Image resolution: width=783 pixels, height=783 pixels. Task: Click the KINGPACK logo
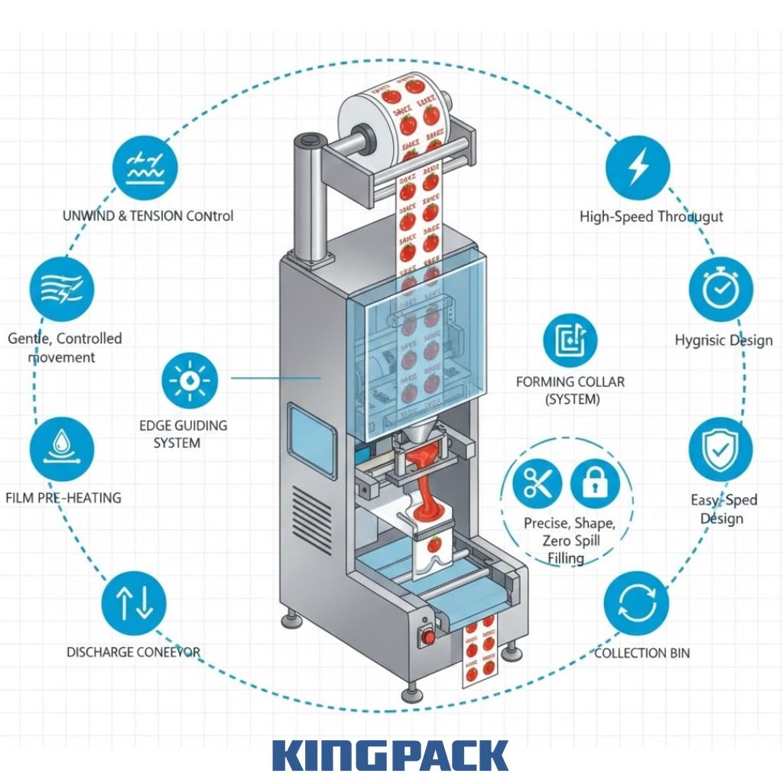click(x=390, y=755)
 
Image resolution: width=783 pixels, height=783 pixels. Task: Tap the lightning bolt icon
click(x=638, y=167)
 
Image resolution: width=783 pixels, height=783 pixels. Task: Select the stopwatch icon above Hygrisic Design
click(x=720, y=290)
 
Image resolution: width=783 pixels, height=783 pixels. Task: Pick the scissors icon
click(x=538, y=482)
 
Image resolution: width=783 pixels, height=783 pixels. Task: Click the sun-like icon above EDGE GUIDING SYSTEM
click(x=190, y=380)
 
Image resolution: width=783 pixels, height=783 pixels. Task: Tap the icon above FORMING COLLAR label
click(x=570, y=341)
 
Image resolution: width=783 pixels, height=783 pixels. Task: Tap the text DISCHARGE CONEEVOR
click(x=133, y=652)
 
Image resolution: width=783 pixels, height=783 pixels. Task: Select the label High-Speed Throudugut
click(x=651, y=217)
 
